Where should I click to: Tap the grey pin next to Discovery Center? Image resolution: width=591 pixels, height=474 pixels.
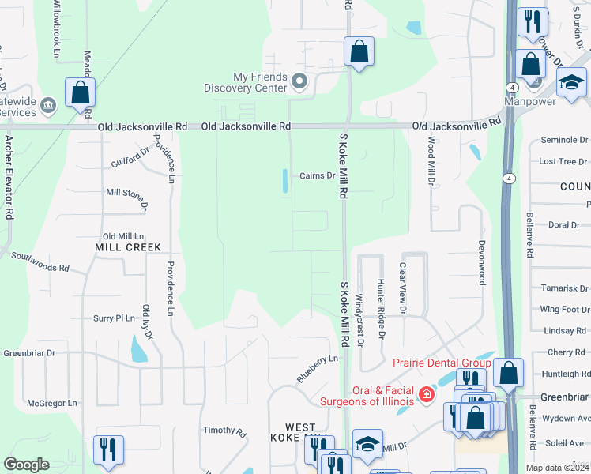[x=299, y=81]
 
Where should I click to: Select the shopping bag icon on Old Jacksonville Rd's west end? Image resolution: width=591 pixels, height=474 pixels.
[x=81, y=93]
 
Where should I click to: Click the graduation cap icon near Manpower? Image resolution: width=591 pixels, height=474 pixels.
[x=571, y=83]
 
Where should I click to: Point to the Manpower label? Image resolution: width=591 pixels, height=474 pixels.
[x=532, y=102]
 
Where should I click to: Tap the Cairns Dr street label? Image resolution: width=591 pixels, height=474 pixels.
[x=318, y=176]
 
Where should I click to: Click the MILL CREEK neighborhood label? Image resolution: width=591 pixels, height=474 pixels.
[x=128, y=247]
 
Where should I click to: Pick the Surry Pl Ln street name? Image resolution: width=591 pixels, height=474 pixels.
[x=115, y=318]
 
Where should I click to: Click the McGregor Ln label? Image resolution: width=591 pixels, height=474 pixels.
[x=52, y=403]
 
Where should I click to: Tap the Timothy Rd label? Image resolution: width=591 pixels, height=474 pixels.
[x=224, y=431]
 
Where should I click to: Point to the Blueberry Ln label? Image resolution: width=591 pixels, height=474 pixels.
[x=318, y=369]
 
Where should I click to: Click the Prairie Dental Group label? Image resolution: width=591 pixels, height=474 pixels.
[x=442, y=363]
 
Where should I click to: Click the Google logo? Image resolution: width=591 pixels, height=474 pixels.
[x=26, y=465]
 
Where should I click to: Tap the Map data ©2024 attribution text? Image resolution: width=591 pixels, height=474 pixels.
[x=557, y=468]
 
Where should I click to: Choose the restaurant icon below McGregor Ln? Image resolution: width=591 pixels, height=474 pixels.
[x=108, y=450]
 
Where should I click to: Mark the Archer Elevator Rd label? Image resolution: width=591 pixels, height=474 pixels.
[x=9, y=177]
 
